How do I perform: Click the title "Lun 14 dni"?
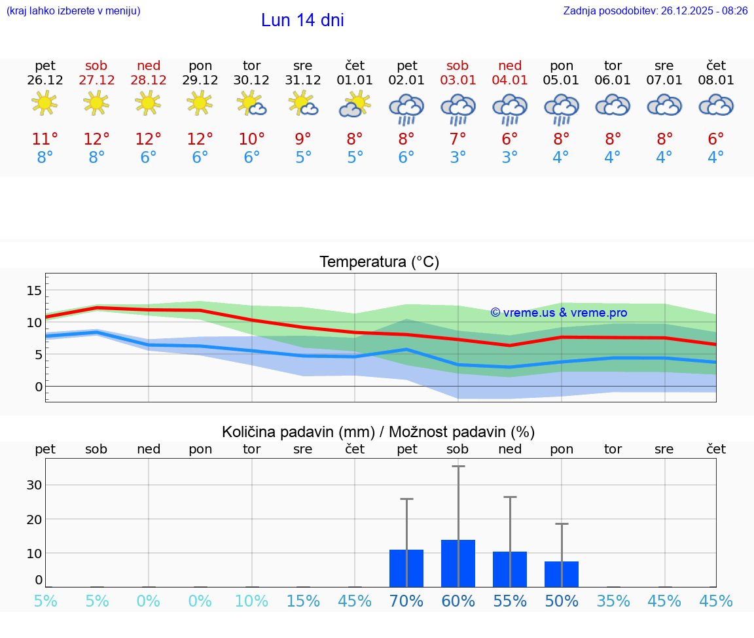[302, 20]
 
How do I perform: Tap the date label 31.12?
[303, 80]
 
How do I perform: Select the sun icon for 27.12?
[96, 103]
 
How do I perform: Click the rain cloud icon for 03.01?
[458, 109]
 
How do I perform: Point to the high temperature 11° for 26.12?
[45, 139]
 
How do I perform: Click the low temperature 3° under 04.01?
[510, 158]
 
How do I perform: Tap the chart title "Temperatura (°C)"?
[379, 262]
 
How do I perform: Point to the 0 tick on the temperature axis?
[38, 386]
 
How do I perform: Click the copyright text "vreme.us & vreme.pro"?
[559, 313]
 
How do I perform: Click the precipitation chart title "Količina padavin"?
[378, 432]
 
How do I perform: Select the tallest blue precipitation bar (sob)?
[458, 563]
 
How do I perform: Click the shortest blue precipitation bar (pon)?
[562, 574]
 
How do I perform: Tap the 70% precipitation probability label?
[406, 601]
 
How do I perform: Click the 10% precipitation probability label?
[252, 601]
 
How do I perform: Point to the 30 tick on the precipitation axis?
[34, 485]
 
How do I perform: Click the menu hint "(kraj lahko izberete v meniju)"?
[73, 10]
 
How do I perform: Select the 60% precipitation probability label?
[458, 601]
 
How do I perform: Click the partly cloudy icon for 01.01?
[355, 105]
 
